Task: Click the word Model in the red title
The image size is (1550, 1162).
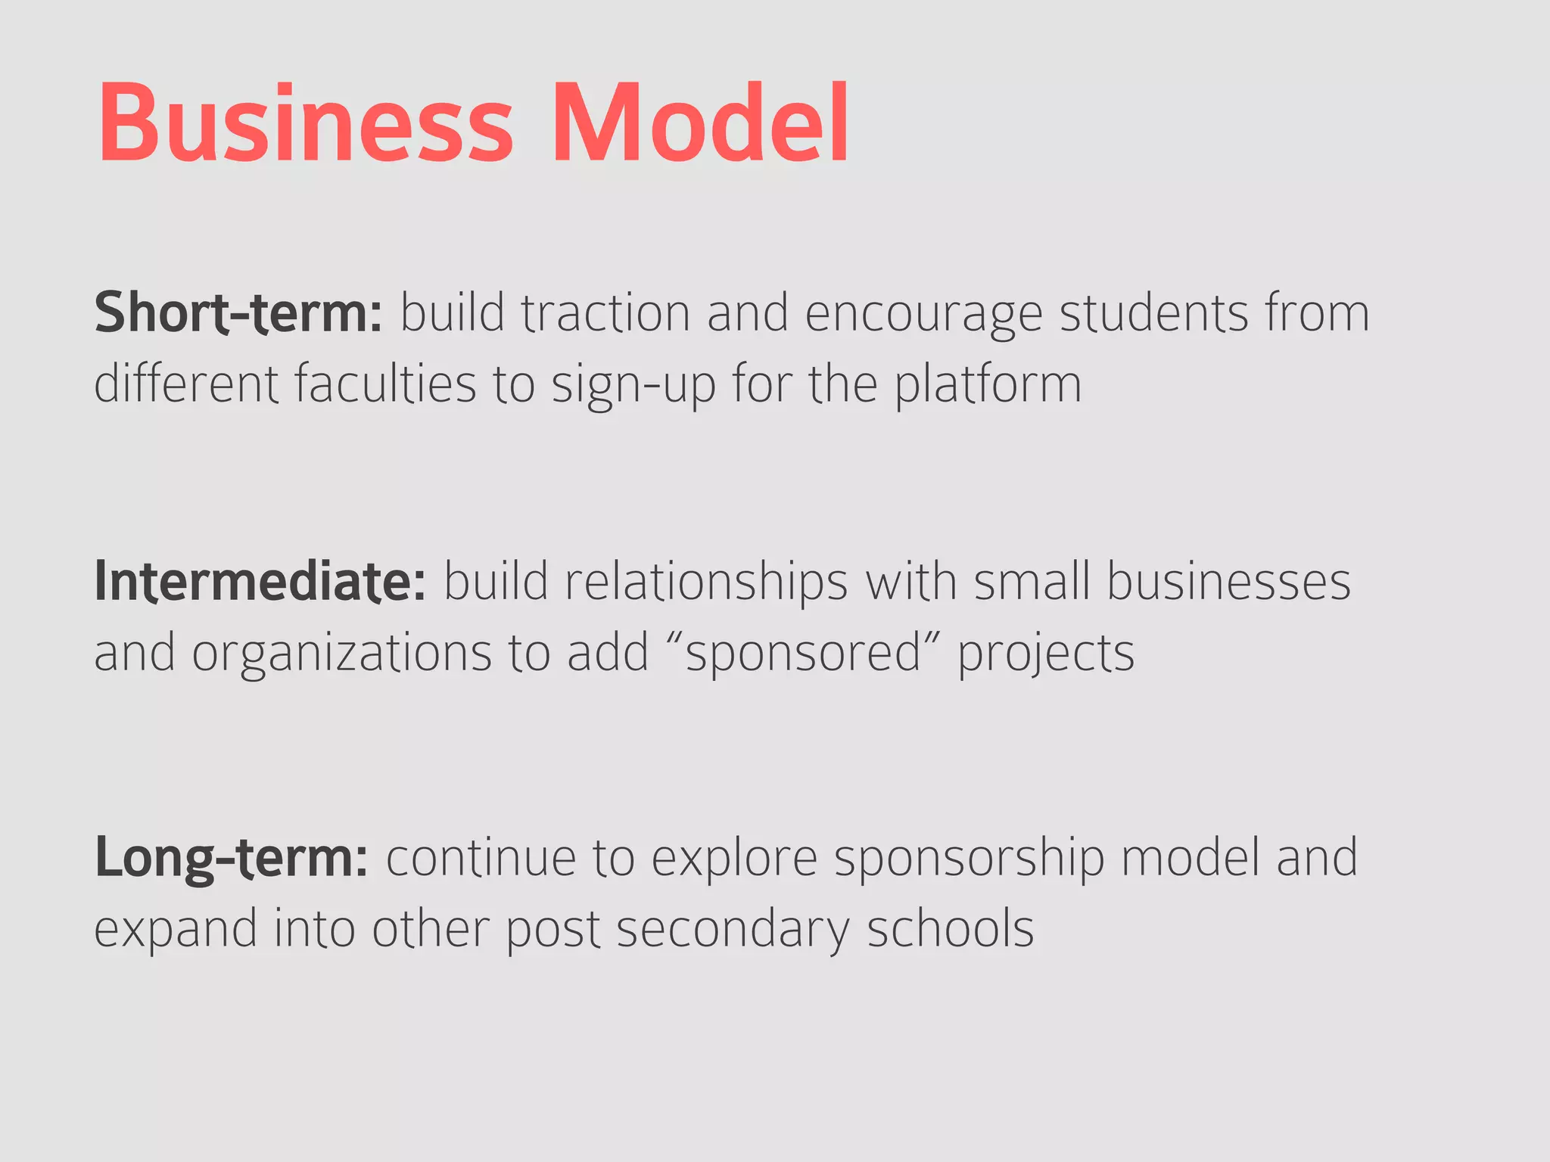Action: (x=700, y=123)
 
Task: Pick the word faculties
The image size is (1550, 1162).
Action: (x=385, y=384)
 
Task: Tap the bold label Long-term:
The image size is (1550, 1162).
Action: (x=231, y=859)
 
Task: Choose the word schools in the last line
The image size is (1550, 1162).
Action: (x=950, y=928)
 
